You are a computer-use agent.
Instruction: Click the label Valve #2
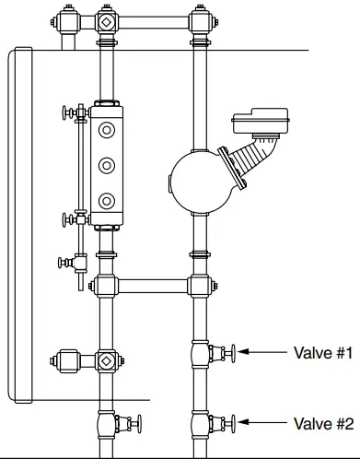click(323, 424)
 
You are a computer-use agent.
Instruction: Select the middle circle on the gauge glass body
click(108, 165)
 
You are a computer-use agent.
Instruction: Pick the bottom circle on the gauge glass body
click(108, 199)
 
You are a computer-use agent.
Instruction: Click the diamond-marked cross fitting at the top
click(107, 20)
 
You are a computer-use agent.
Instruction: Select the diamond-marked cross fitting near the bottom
click(107, 360)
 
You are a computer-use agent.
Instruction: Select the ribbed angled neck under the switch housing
click(249, 162)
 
